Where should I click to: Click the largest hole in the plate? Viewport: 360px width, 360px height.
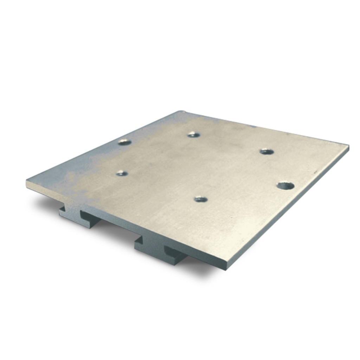(285, 185)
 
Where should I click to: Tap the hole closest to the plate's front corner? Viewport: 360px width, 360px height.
(201, 199)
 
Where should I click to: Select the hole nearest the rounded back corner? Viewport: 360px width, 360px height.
(193, 134)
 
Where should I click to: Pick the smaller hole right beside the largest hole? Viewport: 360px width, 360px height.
(267, 152)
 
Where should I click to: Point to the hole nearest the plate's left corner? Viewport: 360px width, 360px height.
(122, 173)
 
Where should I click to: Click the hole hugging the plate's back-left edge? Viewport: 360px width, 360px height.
(124, 142)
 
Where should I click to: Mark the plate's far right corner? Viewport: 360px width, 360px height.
(348, 146)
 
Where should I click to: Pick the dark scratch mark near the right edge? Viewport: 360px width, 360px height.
(315, 172)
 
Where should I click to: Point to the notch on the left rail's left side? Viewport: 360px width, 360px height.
(62, 209)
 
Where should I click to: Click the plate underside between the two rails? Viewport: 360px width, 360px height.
(116, 225)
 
